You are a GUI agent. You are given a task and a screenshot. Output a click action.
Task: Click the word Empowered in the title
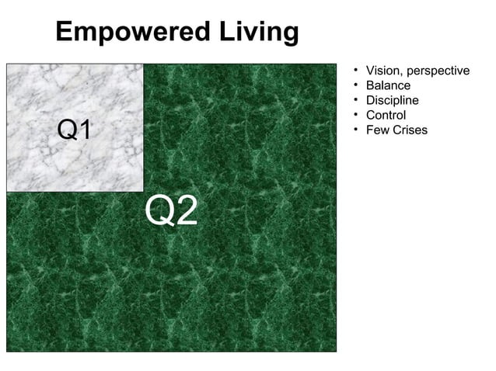129,33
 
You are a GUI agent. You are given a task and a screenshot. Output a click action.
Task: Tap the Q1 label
75,130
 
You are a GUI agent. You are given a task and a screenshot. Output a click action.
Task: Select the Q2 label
173,211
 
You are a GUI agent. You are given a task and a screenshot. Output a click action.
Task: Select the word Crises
410,130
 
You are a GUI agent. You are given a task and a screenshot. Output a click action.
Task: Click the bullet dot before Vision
355,71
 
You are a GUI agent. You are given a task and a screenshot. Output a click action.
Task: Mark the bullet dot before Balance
355,85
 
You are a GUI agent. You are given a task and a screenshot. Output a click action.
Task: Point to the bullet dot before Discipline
355,100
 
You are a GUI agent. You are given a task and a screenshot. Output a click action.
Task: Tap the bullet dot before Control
355,115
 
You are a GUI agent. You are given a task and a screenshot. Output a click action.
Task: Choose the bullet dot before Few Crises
355,129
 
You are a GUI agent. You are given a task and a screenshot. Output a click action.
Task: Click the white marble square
75,93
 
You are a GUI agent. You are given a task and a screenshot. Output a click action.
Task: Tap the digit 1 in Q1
86,130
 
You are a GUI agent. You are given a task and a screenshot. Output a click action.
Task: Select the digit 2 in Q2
187,211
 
